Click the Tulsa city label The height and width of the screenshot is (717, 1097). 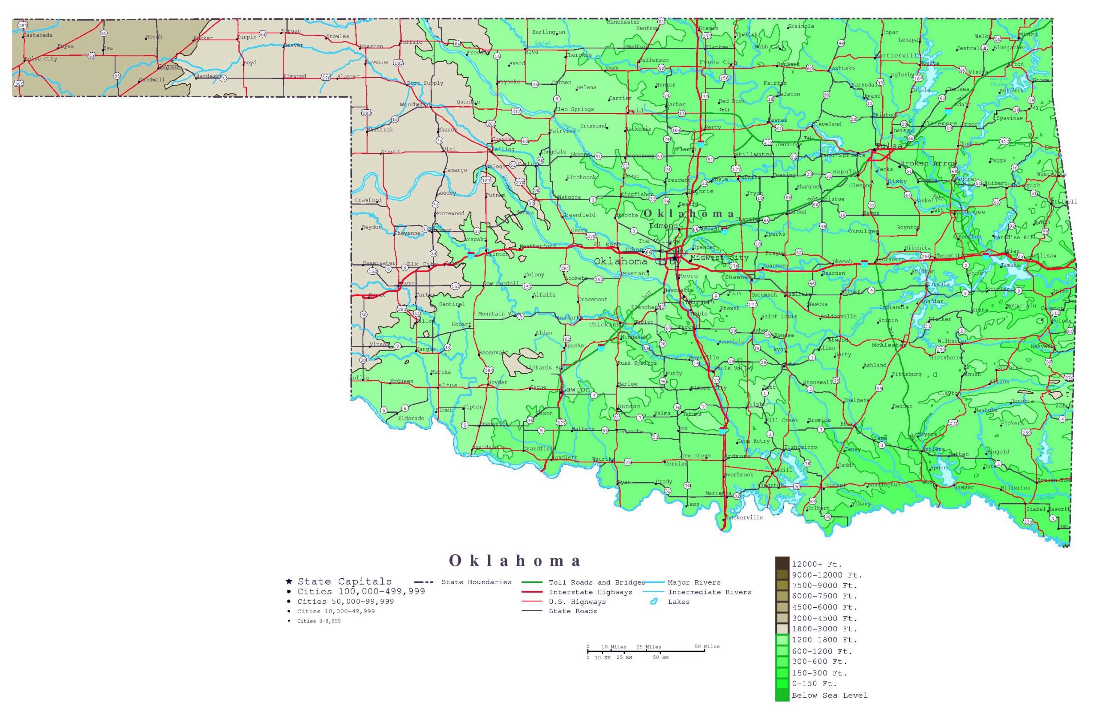point(889,146)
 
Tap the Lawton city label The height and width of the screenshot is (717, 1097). point(576,389)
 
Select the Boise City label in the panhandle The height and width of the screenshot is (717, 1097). point(41,59)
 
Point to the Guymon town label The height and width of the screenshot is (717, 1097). point(168,66)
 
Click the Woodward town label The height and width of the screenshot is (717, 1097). point(414,105)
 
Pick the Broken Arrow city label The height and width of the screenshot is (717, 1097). point(928,163)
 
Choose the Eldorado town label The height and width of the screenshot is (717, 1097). point(411,418)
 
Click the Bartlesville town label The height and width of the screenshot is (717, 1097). point(898,55)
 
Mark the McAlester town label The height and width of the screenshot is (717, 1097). point(889,345)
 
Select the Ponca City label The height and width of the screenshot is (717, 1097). point(719,62)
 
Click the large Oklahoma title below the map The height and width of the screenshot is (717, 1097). point(514,561)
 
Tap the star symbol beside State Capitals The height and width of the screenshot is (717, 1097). point(288,582)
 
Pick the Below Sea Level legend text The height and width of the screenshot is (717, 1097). point(829,695)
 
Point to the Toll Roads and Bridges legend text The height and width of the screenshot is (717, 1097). point(596,582)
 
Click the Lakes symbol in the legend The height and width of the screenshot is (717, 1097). point(653,601)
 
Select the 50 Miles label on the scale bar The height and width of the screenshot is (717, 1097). point(707,646)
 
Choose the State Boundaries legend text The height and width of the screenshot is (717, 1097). point(476,582)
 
